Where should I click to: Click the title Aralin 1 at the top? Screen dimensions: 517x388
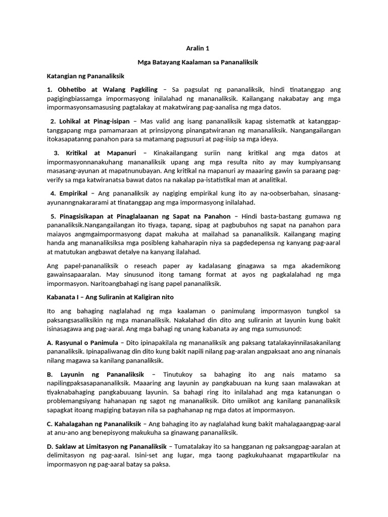coord(194,48)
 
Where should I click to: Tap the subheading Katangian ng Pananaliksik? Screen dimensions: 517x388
coord(85,76)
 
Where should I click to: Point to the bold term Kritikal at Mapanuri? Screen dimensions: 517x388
coord(101,152)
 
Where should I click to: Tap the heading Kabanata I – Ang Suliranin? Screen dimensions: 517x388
coord(110,297)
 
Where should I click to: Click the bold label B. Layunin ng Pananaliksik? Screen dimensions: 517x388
coord(95,374)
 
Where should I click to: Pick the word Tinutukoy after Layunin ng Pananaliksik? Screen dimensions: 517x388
coord(182,374)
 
